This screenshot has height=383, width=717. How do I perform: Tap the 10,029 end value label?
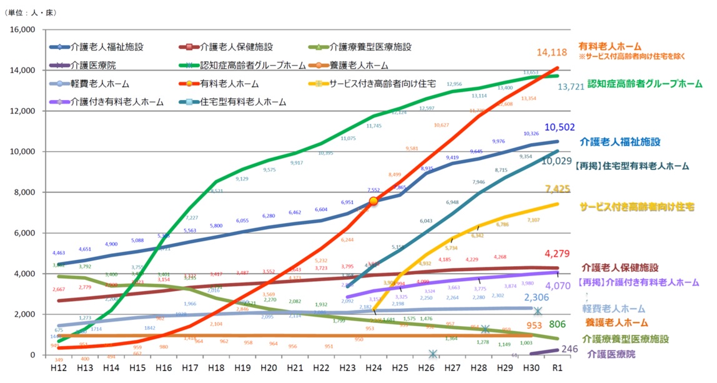(555, 161)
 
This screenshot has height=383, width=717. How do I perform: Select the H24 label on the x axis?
(373, 369)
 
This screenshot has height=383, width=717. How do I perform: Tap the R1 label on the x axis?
(558, 369)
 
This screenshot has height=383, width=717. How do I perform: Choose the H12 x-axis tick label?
(57, 369)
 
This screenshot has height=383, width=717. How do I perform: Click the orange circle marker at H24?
(373, 201)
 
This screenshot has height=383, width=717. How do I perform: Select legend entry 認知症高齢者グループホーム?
(252, 65)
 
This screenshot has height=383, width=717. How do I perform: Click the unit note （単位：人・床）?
(31, 12)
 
